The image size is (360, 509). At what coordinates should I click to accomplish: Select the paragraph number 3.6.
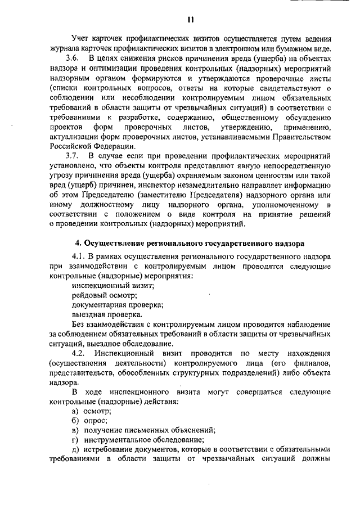pos(72,57)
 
